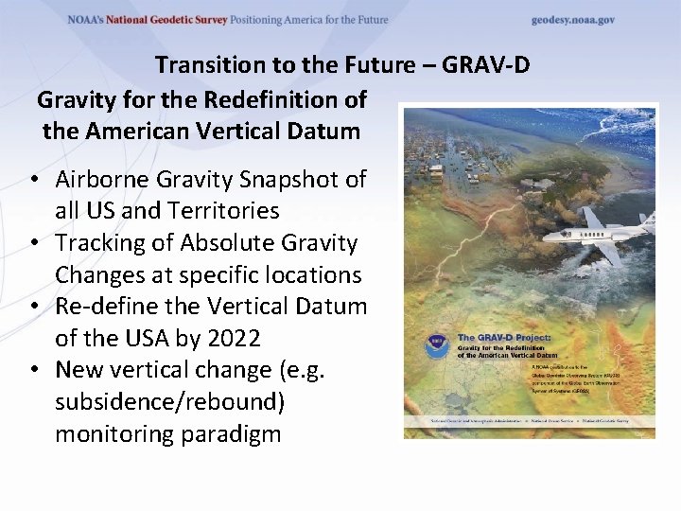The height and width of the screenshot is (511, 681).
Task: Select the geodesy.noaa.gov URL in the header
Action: point(573,20)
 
